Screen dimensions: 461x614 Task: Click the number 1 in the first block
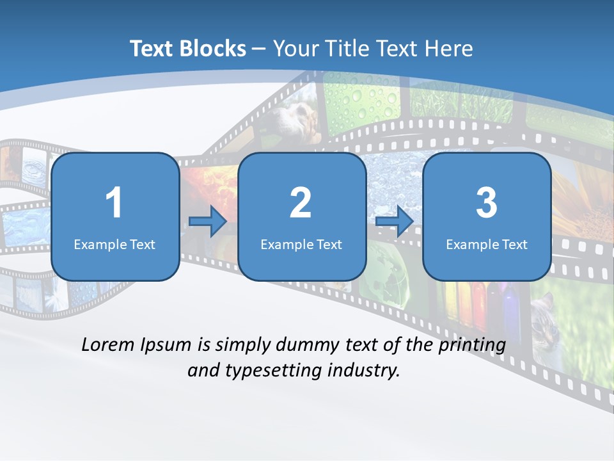[114, 202]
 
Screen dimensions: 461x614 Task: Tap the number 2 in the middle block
[301, 202]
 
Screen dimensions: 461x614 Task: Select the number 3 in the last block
[487, 202]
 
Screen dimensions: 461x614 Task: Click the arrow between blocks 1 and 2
[208, 222]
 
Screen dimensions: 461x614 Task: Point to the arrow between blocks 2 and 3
[395, 222]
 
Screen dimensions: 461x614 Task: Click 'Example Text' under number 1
[114, 244]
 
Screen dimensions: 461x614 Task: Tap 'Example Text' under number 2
[301, 244]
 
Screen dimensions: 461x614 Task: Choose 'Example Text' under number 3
[487, 244]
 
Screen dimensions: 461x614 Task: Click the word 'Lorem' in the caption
[108, 344]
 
